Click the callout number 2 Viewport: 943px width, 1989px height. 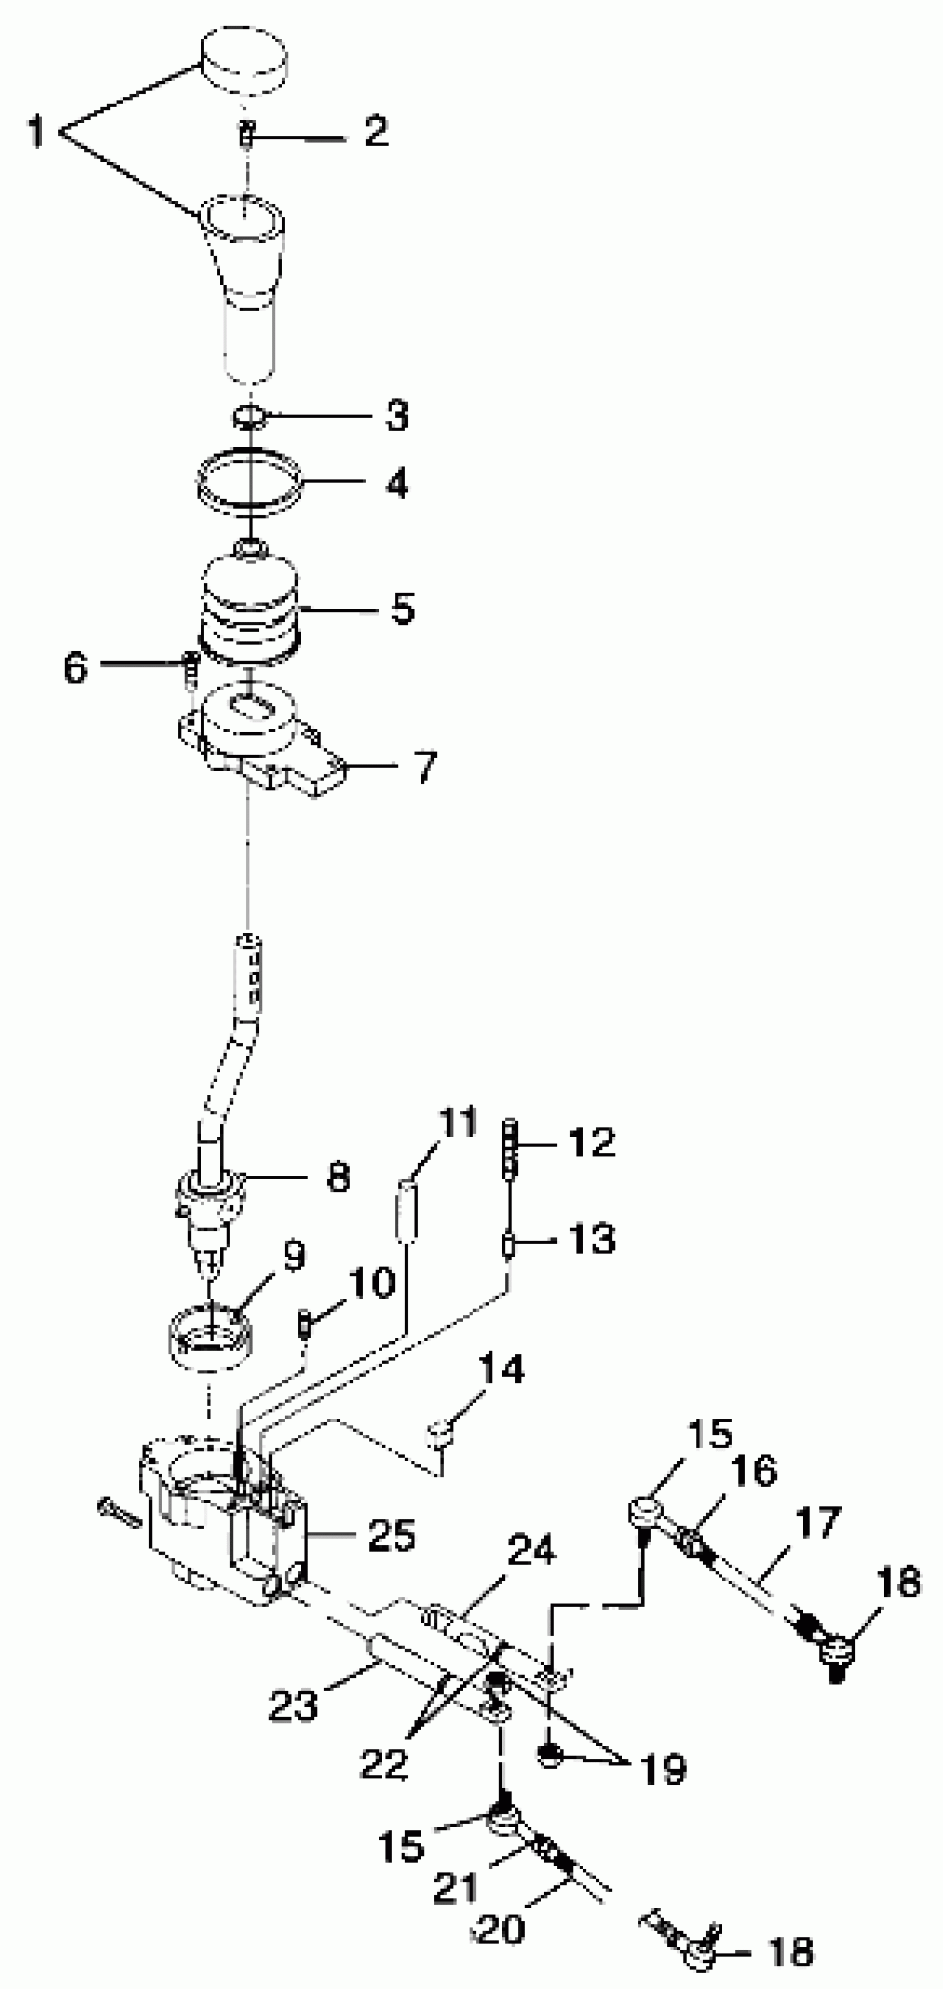coord(376,132)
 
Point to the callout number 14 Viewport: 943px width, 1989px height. coord(501,1369)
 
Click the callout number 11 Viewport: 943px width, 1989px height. coord(458,1123)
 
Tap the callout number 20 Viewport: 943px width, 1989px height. coord(502,1930)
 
